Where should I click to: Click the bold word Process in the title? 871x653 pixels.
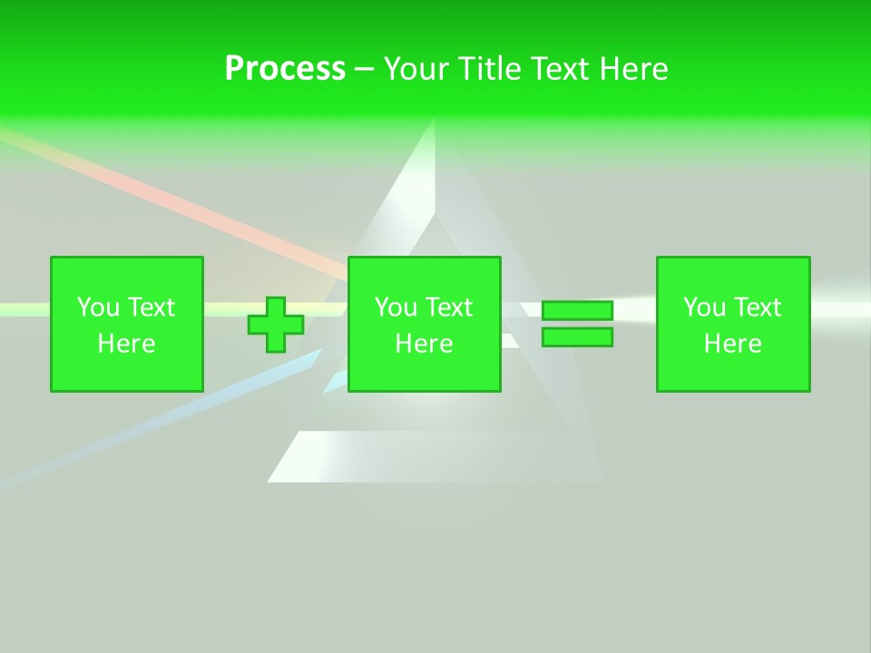coord(285,69)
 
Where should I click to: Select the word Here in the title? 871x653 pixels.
coord(633,69)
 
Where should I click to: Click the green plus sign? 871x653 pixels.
coord(276,325)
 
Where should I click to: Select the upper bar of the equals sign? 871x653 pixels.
coord(577,311)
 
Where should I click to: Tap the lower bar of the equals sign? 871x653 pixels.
coord(577,337)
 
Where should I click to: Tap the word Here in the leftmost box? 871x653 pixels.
coord(127,344)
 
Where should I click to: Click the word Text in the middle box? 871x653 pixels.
coord(449,307)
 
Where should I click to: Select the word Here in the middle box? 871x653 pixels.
coord(425,344)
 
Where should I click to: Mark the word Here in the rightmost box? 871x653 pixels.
coord(733,344)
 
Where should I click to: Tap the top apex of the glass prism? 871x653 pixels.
coord(435,122)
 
